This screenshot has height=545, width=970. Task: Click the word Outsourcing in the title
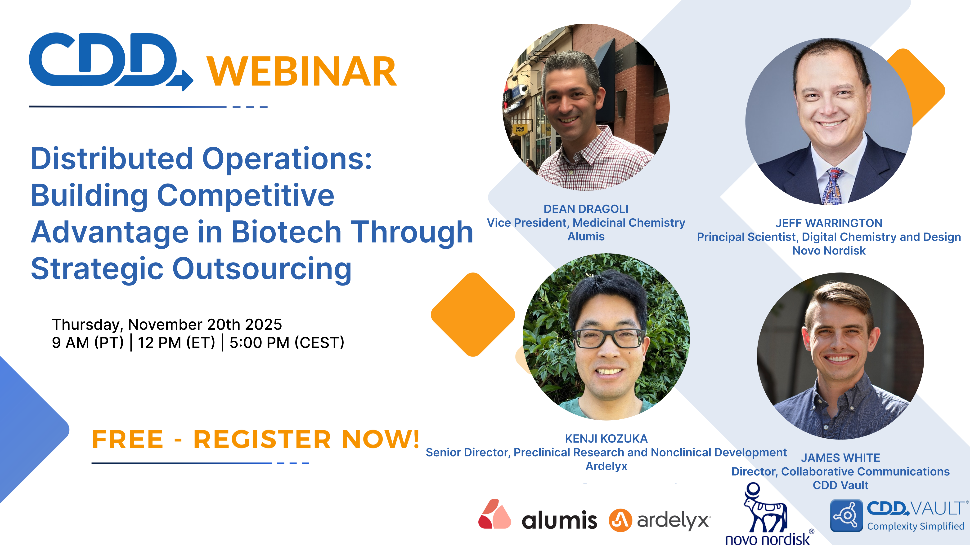point(262,269)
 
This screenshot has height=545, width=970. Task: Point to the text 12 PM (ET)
point(176,343)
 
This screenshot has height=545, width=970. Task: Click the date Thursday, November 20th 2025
point(167,324)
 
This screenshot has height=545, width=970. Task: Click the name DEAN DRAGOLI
point(586,209)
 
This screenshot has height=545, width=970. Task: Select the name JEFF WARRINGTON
point(829,223)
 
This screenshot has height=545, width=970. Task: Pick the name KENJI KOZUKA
point(606,439)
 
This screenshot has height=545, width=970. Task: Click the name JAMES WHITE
point(840,458)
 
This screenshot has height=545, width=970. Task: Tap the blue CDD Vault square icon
point(846,515)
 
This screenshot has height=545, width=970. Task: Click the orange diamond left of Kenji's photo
point(473,314)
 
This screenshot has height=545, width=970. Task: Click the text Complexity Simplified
point(915,526)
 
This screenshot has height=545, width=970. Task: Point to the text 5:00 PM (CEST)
point(287,343)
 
